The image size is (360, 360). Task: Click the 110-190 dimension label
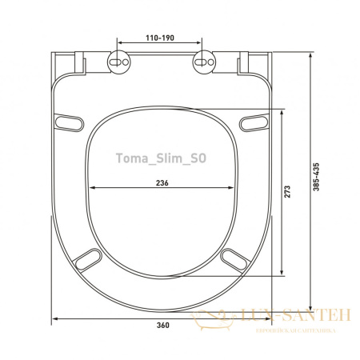(x=160, y=38)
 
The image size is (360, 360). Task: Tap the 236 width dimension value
(x=162, y=183)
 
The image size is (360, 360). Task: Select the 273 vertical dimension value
(x=287, y=191)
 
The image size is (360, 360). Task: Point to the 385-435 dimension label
(x=316, y=177)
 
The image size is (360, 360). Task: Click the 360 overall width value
(x=162, y=325)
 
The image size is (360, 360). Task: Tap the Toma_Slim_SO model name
(x=161, y=158)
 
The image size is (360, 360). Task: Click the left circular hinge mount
(x=118, y=62)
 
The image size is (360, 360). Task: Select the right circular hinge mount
(x=204, y=62)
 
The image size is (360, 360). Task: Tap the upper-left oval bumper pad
(x=69, y=122)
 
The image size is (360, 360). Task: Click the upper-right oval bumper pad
(x=254, y=122)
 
